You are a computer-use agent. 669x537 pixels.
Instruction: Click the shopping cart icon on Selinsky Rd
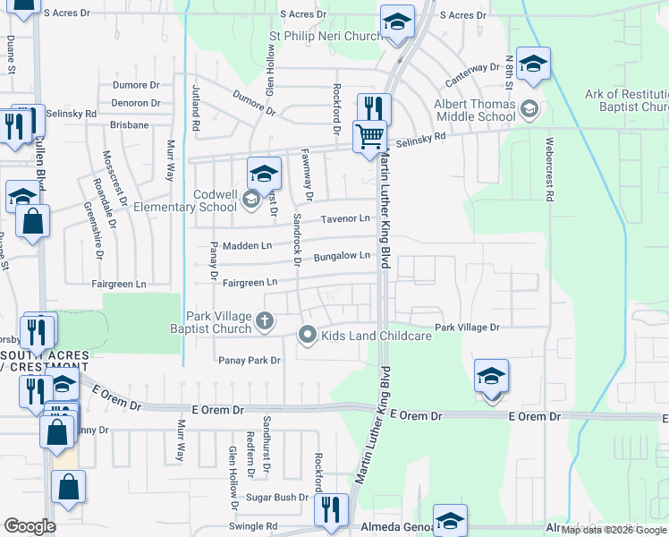369,137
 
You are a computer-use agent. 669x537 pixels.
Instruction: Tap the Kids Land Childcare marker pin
309,336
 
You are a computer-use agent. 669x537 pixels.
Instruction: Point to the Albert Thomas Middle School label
474,110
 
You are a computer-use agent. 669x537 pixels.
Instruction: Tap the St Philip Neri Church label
326,37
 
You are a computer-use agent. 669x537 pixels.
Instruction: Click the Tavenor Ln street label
346,218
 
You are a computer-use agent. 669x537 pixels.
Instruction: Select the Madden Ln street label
248,245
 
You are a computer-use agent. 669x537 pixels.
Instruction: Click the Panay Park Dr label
250,361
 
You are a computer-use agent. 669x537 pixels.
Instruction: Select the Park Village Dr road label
467,328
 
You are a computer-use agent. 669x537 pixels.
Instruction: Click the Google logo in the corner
30,526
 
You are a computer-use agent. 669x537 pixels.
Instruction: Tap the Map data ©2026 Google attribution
614,530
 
